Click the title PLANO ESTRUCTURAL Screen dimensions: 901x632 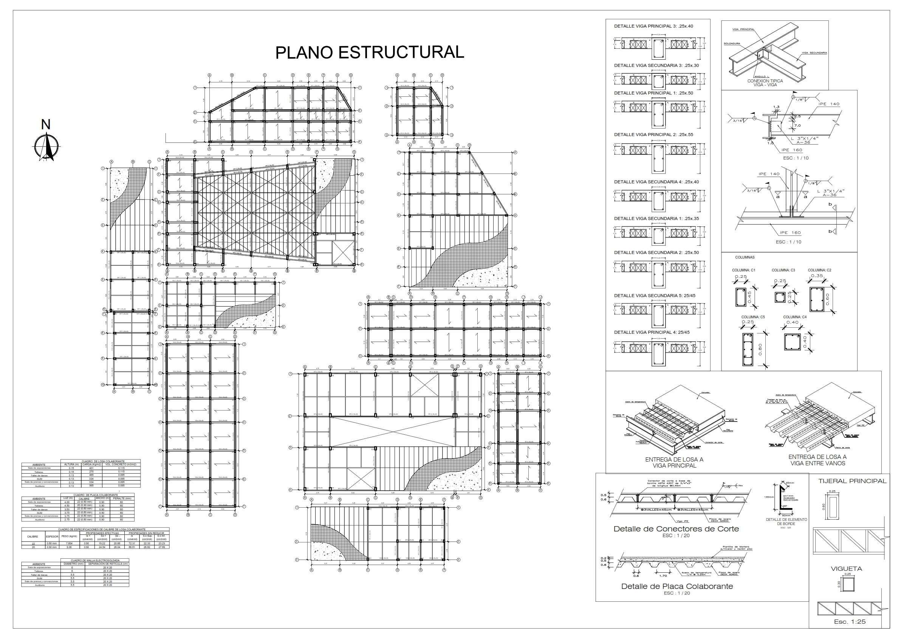(369, 52)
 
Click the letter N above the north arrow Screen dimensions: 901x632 (46, 125)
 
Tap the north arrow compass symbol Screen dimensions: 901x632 (46, 147)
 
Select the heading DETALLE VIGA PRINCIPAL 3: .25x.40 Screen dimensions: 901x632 (653, 26)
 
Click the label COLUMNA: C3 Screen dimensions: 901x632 (783, 270)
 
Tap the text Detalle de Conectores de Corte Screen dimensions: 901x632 (676, 529)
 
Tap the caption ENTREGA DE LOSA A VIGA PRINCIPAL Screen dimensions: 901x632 (674, 462)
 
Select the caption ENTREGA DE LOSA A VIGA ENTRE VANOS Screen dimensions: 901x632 (817, 460)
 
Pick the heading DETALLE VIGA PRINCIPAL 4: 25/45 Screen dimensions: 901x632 (652, 332)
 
